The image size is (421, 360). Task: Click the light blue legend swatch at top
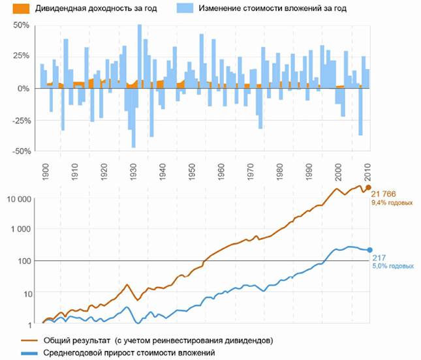click(x=174, y=9)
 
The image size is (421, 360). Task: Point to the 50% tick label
click(x=22, y=25)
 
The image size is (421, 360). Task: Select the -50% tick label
click(x=20, y=151)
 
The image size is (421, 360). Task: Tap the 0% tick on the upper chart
click(x=25, y=88)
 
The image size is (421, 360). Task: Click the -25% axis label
click(x=20, y=119)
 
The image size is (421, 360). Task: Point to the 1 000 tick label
click(x=21, y=230)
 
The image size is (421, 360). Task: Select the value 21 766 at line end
click(x=385, y=194)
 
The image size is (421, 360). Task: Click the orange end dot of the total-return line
click(x=368, y=188)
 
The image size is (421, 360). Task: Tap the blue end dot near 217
click(x=369, y=250)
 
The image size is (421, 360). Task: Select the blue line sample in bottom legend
click(x=25, y=352)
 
